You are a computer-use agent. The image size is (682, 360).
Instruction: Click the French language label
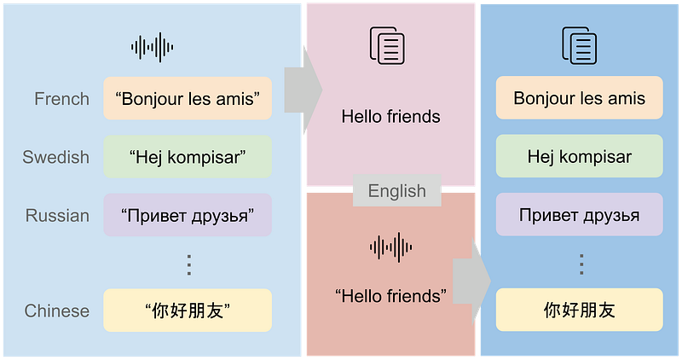pyautogui.click(x=61, y=99)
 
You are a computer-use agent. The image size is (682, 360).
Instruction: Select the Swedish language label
pyautogui.click(x=55, y=157)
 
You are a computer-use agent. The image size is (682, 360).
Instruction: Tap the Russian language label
pyautogui.click(x=57, y=215)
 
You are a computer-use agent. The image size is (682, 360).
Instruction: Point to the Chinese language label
pyautogui.click(x=56, y=311)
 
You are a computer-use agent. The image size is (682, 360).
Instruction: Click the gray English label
pyautogui.click(x=396, y=191)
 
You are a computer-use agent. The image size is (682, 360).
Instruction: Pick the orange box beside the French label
pyautogui.click(x=188, y=98)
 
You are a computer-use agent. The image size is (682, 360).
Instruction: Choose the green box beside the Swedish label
pyautogui.click(x=188, y=157)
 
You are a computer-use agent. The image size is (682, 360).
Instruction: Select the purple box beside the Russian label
pyautogui.click(x=188, y=215)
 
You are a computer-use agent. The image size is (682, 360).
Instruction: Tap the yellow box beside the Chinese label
pyautogui.click(x=188, y=311)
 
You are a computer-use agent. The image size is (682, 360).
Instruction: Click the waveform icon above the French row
pyautogui.click(x=153, y=47)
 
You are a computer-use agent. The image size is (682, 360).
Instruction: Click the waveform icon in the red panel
pyautogui.click(x=391, y=247)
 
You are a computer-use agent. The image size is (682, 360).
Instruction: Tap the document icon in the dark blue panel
pyautogui.click(x=578, y=46)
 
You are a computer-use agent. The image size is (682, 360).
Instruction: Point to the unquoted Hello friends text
pyautogui.click(x=390, y=116)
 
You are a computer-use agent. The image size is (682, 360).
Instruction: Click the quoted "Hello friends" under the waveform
pyautogui.click(x=391, y=296)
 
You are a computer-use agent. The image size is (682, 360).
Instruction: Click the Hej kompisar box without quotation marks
pyautogui.click(x=580, y=157)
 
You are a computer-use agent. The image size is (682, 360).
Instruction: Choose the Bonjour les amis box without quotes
pyautogui.click(x=580, y=98)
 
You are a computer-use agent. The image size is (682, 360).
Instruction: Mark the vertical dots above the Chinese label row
pyautogui.click(x=189, y=264)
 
